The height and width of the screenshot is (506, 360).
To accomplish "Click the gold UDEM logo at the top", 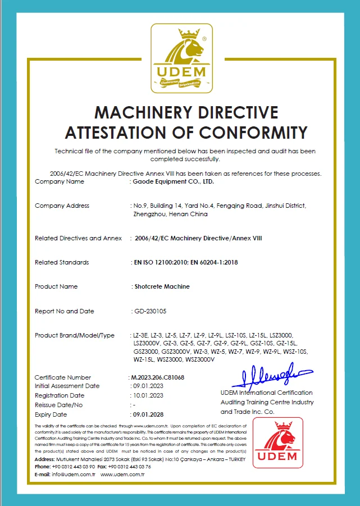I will click(x=180, y=58).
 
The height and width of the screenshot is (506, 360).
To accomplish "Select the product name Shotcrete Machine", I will click(x=162, y=286).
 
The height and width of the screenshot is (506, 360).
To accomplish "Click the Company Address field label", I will click(x=62, y=206).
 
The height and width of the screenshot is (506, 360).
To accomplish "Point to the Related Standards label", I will click(x=62, y=262).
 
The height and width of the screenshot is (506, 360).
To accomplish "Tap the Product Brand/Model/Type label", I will click(x=74, y=335).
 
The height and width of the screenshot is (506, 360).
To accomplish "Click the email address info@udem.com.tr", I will click(x=75, y=474).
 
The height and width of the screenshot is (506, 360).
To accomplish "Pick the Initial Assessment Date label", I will click(x=67, y=386).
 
